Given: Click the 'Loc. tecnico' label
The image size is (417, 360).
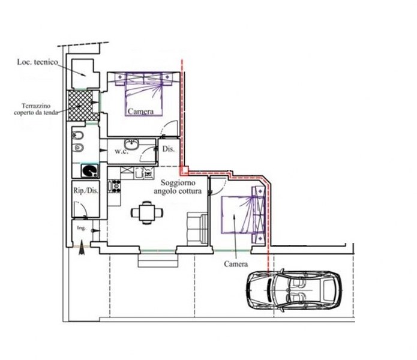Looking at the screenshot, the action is (x=37, y=62).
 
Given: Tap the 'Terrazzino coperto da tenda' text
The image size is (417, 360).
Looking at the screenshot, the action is (x=36, y=109).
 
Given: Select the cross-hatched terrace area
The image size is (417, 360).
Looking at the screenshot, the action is (x=80, y=105).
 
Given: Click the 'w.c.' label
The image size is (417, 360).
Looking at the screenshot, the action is (x=122, y=152).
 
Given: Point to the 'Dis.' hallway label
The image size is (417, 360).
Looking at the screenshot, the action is (x=169, y=149).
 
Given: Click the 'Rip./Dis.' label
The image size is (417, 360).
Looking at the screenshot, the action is (x=86, y=191).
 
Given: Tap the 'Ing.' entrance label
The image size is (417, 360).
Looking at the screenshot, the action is (x=81, y=228).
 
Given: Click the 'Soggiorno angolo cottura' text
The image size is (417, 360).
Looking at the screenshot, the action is (x=178, y=187).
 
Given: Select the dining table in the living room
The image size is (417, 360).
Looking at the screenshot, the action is (x=147, y=212).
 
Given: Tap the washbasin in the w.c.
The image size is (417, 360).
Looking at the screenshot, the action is (x=132, y=145).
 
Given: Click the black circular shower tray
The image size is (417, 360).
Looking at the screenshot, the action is (x=89, y=170).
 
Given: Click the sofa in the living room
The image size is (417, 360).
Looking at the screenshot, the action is (x=197, y=229).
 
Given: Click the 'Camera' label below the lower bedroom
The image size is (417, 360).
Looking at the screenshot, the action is (x=236, y=264).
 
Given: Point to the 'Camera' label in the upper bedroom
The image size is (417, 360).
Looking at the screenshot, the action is (x=140, y=112).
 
